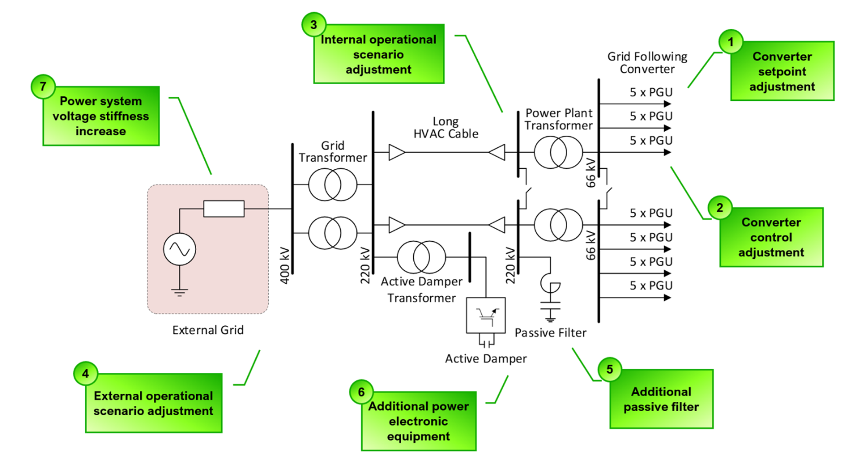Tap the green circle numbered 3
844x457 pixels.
313,24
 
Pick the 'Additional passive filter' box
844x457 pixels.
661,399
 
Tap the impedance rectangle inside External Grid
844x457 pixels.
223,209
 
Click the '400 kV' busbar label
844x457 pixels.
285,267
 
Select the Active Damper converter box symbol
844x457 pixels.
485,316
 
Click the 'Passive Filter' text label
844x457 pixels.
551,333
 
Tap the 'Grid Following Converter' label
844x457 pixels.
647,62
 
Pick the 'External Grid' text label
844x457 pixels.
208,331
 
